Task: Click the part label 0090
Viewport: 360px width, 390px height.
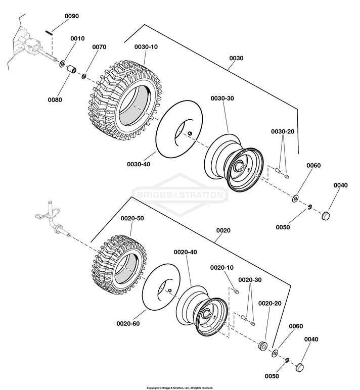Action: [72, 16]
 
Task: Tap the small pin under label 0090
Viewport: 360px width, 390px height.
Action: [49, 32]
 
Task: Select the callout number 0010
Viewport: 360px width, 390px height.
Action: [77, 38]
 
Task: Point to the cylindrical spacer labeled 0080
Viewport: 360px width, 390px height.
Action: [72, 69]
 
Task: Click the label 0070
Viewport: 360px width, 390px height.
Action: [99, 47]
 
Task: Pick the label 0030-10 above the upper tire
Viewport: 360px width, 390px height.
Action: [146, 47]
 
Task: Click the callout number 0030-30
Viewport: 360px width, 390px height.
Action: [222, 99]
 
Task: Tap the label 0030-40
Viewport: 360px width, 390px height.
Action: [139, 164]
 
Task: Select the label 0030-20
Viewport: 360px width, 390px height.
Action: [283, 131]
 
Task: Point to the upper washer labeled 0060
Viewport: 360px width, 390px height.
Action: [295, 199]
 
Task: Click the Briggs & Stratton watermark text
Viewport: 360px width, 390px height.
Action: [180, 194]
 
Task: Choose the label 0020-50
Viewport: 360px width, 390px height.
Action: [132, 218]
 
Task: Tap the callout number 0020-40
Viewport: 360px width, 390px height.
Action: [185, 252]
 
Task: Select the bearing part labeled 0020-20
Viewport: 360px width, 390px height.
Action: [262, 346]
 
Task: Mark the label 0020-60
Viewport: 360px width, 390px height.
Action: [128, 324]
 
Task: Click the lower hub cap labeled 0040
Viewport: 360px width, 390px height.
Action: [300, 367]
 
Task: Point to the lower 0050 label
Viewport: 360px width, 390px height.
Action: [272, 376]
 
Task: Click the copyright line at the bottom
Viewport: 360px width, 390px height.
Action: [180, 388]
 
